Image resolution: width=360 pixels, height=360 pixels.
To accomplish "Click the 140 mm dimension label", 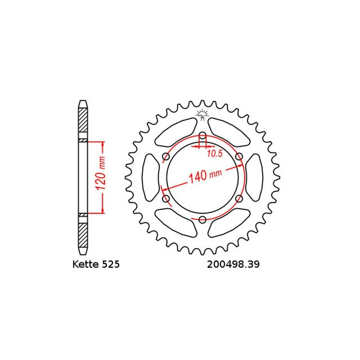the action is (205, 176).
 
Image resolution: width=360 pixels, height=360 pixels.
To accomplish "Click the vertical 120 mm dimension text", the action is (101, 173).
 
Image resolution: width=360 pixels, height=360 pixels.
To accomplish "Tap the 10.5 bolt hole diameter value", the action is (215, 153).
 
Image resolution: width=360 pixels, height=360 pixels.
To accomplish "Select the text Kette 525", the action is (96, 264).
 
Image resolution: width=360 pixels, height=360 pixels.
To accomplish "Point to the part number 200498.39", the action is (233, 264).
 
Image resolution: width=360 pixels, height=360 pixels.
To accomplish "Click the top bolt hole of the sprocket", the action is (202, 136).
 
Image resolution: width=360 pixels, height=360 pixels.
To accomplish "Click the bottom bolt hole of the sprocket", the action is (202, 220).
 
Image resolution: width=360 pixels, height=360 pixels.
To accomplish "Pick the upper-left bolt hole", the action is (166, 157).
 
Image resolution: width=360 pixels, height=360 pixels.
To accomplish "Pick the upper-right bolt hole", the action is (239, 157).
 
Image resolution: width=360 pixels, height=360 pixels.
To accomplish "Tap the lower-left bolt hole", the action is (166, 198).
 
